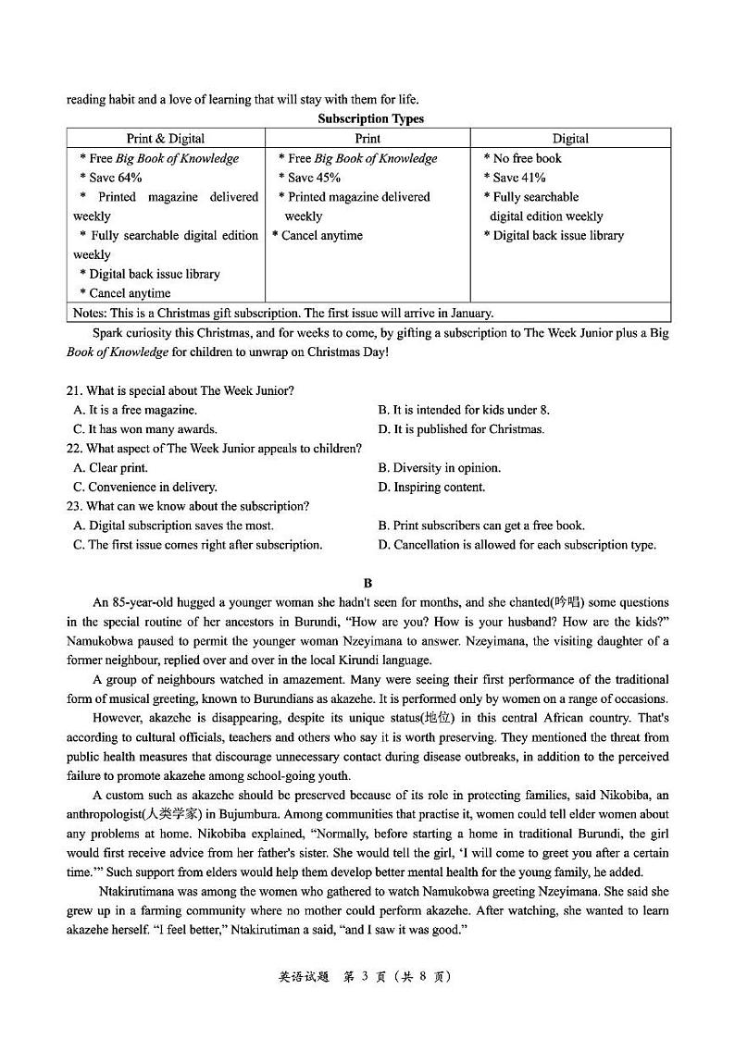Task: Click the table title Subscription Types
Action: pos(370,118)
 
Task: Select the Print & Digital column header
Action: pos(166,139)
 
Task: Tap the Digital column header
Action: pos(570,139)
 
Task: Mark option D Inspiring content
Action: pos(431,488)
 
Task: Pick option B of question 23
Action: pos(480,525)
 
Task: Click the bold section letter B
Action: pos(367,583)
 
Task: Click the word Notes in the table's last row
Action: pos(89,313)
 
